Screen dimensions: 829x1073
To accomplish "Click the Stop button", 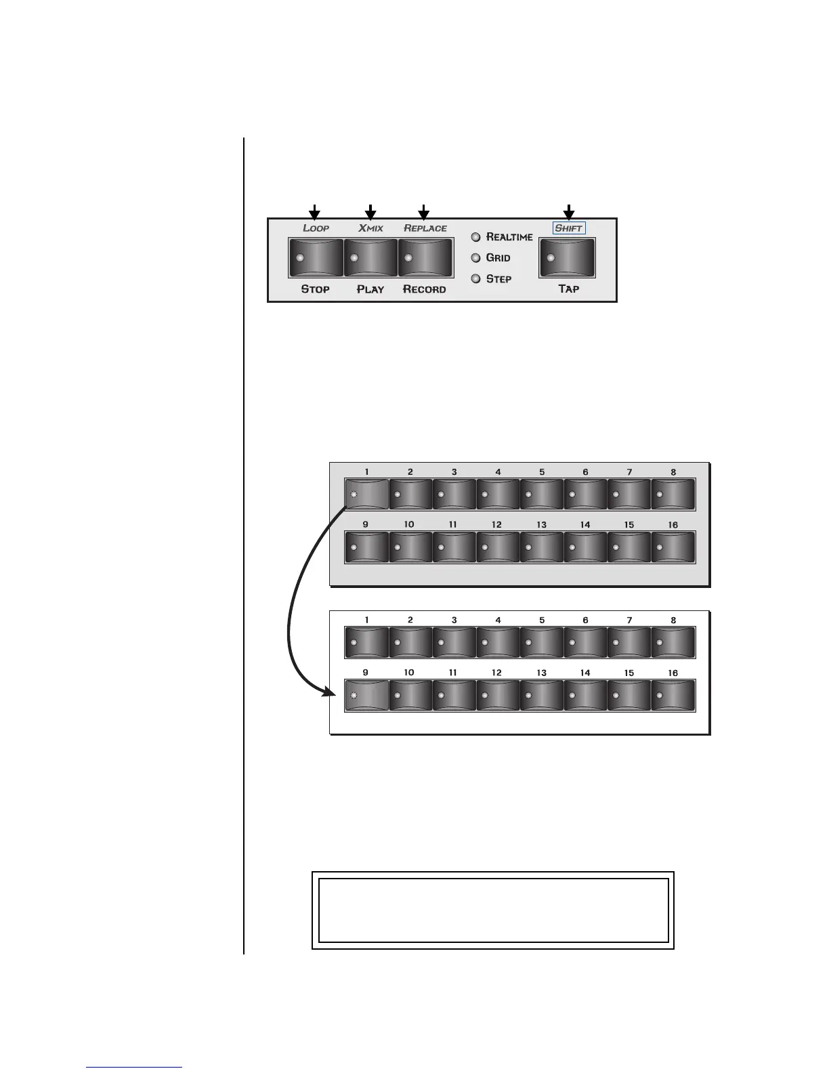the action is click(x=316, y=257).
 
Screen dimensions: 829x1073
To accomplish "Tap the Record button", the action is click(x=425, y=257).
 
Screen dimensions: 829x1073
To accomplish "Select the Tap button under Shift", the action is click(x=568, y=257).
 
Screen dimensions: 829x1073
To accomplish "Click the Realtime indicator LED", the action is click(x=475, y=237).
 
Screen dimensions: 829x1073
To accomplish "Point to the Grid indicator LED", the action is click(x=475, y=258).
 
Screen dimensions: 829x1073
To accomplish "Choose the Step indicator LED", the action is click(x=475, y=278).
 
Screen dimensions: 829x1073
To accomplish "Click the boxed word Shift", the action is click(x=569, y=228).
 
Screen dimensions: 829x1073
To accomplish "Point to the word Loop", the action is click(x=316, y=228).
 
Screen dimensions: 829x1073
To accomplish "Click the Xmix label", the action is click(x=370, y=228).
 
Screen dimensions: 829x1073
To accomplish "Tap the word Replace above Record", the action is click(x=425, y=228).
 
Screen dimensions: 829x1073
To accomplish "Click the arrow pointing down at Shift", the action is click(x=569, y=212).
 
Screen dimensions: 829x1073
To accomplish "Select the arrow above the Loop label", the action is click(x=314, y=212).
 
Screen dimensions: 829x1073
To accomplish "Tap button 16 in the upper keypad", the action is click(x=673, y=547).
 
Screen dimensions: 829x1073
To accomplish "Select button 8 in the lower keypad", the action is click(x=673, y=642).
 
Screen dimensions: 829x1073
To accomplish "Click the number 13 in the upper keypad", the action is click(x=541, y=525).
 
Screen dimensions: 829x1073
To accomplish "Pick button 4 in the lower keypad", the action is click(x=498, y=642).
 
